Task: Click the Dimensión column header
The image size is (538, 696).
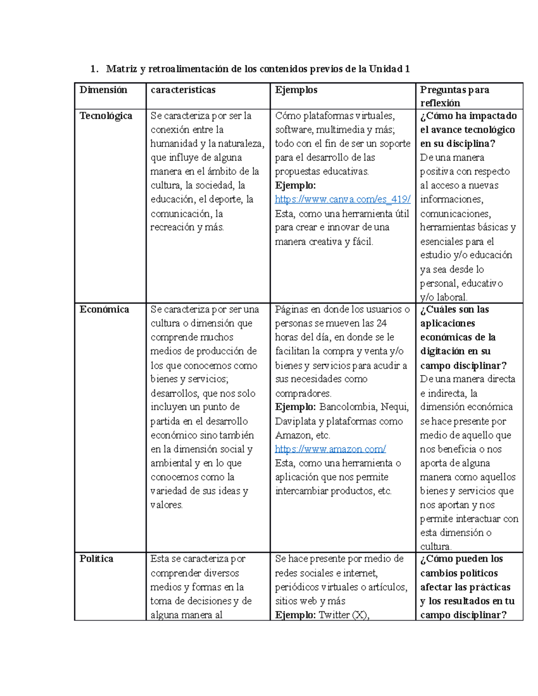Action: [103, 90]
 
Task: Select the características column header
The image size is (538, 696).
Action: [183, 90]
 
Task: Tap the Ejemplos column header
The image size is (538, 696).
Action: [296, 90]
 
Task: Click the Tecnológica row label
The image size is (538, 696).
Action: [106, 116]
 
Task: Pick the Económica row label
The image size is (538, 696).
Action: [104, 309]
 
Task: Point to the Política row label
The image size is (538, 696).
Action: [96, 558]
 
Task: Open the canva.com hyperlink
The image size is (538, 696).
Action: [343, 199]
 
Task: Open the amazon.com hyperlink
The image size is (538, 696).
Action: [330, 449]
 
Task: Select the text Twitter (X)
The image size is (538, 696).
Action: [343, 615]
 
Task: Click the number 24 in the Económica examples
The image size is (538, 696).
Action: [382, 323]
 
